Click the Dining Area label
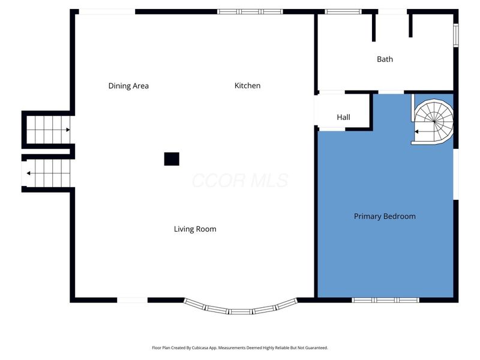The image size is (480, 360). coord(128,86)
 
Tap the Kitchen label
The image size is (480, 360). coord(247,86)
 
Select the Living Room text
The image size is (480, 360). coord(195,229)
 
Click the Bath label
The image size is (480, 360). coord(385,59)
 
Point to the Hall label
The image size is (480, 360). coord(343,118)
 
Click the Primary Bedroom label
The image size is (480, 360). coord(385,217)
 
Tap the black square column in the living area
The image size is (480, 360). coord(172,159)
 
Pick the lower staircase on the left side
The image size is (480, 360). coord(48,173)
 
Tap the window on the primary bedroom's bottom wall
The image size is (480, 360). coord(385,299)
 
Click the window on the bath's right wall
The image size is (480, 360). coord(455,34)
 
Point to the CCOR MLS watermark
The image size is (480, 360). coord(240,180)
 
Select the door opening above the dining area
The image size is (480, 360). coord(107,11)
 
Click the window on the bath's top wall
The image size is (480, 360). coord(343,11)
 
